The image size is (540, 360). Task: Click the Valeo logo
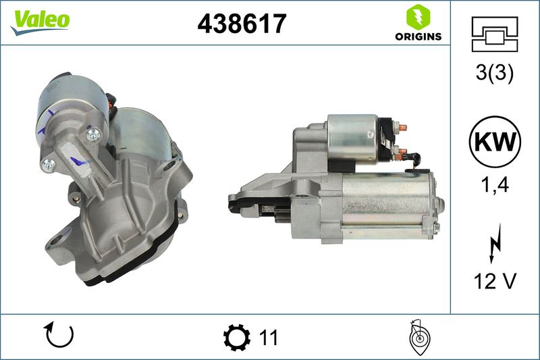coord(40,22)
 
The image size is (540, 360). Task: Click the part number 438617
coord(242,24)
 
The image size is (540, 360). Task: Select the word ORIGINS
coord(418,36)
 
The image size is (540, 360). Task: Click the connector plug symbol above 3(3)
coord(495,34)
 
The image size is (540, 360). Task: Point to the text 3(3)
coord(495,73)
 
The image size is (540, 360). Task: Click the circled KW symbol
coord(495,142)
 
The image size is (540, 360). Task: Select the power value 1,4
coord(495,185)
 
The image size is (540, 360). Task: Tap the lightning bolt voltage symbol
coord(495,243)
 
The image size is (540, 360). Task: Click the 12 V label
coord(495,281)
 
